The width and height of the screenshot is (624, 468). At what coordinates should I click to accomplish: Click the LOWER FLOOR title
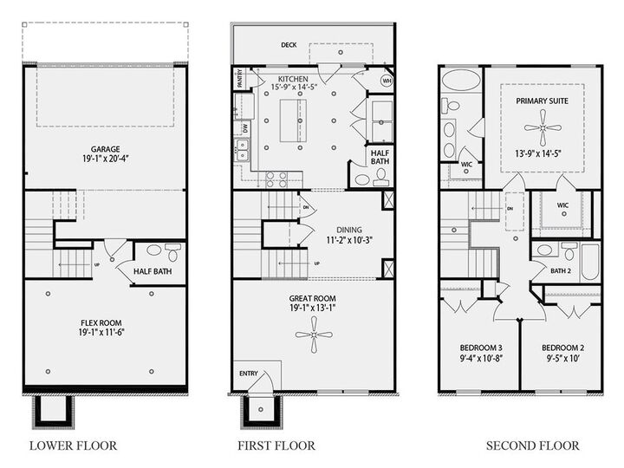73,445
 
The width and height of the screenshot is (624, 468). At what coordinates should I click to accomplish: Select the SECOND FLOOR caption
532,445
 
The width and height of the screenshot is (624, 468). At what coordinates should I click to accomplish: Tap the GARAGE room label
106,148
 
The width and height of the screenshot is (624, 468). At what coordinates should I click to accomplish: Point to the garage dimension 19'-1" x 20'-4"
106,159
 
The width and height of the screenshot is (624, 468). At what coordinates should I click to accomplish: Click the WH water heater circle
386,80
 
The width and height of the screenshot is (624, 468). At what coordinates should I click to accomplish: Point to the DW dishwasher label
244,127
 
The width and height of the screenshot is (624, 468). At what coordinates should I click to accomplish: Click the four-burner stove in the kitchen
276,179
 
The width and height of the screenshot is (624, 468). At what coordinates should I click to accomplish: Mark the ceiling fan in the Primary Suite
541,131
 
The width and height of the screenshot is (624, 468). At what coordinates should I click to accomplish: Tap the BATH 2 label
561,271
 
